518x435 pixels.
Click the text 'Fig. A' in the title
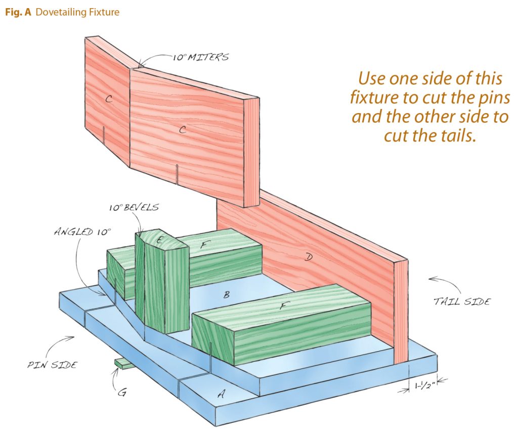[18, 12]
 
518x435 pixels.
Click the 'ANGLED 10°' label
[82, 232]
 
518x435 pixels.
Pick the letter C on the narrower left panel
[108, 100]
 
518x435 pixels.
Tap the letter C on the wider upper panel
[183, 130]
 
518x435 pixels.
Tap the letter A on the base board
[221, 395]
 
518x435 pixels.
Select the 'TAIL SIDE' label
[462, 302]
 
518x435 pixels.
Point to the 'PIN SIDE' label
[52, 364]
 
